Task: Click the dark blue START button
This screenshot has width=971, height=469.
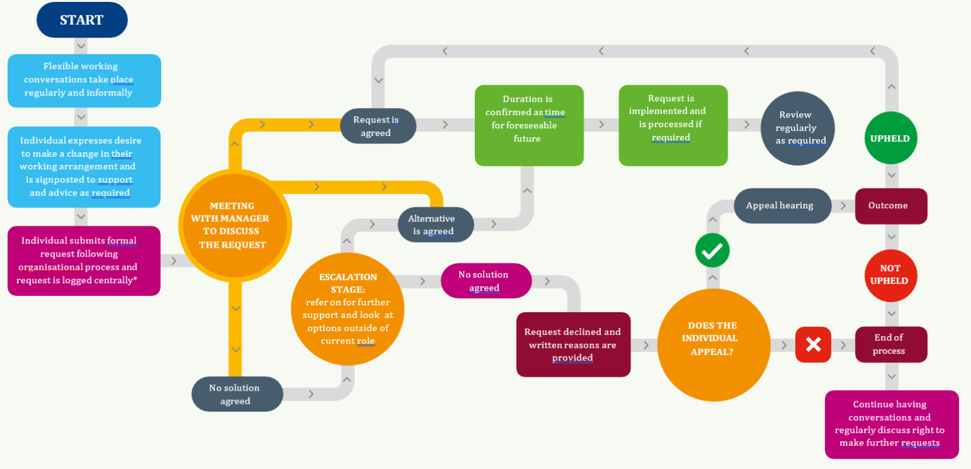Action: [82, 20]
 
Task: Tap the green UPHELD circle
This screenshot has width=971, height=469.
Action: [891, 138]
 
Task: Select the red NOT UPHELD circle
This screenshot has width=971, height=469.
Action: [891, 275]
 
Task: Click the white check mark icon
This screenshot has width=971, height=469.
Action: [712, 250]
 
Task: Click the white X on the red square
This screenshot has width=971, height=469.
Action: [813, 344]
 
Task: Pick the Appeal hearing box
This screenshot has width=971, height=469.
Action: [782, 205]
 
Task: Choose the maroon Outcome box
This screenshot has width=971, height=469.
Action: [891, 206]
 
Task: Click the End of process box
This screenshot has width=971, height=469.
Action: [891, 344]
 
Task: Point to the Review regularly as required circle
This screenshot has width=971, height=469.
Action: [797, 128]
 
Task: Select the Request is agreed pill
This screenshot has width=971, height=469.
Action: [377, 126]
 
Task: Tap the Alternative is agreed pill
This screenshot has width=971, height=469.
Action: [436, 224]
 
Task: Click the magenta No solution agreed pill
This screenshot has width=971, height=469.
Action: [485, 281]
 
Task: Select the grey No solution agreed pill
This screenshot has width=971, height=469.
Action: [237, 394]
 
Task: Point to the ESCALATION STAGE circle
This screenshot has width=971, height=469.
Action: [347, 309]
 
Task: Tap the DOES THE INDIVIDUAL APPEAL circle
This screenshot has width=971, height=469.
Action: [713, 344]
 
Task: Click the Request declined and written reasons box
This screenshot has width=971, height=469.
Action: [573, 344]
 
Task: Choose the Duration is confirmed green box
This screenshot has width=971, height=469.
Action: [528, 125]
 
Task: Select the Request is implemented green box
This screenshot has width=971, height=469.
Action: [673, 125]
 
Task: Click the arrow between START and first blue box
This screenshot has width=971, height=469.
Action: [81, 46]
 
